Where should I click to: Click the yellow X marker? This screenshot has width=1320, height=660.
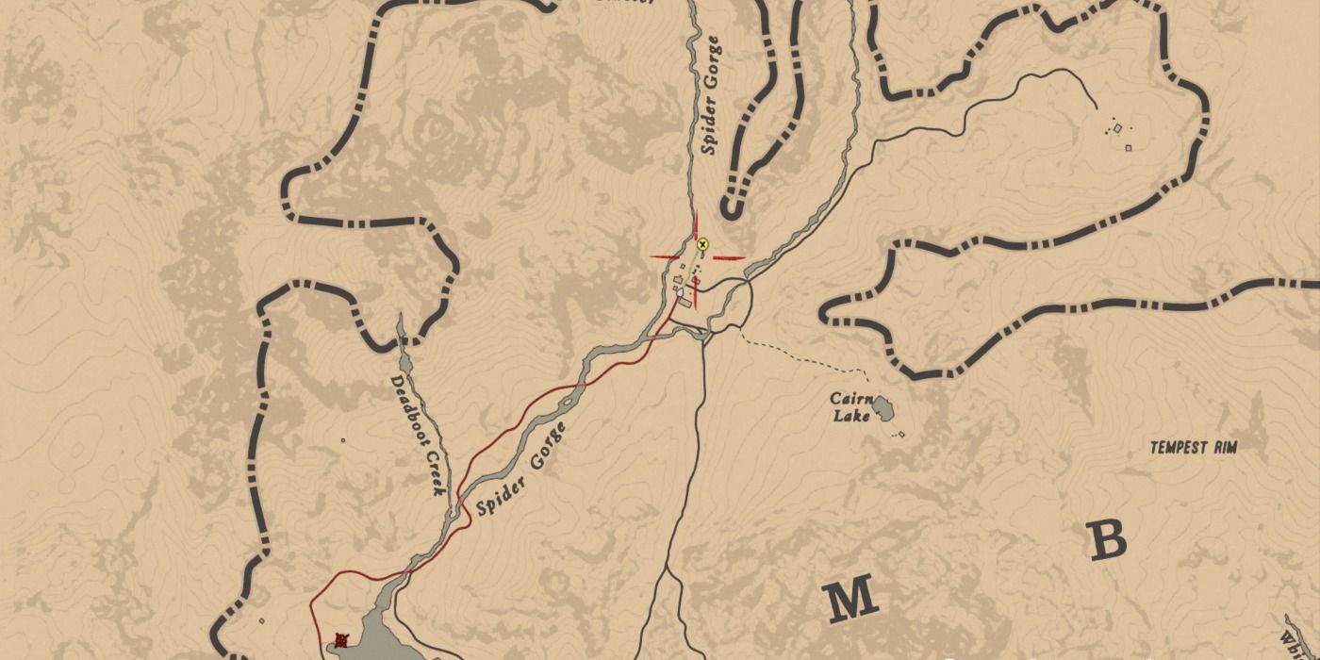pyautogui.click(x=702, y=245)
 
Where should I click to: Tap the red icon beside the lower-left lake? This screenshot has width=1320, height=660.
pyautogui.click(x=341, y=640)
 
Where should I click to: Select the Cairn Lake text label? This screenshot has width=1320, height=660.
pyautogui.click(x=850, y=406)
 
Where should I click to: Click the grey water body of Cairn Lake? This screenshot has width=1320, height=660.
pyautogui.click(x=883, y=408)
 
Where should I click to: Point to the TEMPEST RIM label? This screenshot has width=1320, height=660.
pyautogui.click(x=1193, y=448)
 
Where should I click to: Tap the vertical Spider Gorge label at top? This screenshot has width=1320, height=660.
pyautogui.click(x=711, y=95)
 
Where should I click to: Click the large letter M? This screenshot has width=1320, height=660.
pyautogui.click(x=850, y=601)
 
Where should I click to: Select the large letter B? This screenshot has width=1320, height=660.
pyautogui.click(x=1108, y=539)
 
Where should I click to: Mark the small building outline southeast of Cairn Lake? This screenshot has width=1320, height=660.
pyautogui.click(x=900, y=435)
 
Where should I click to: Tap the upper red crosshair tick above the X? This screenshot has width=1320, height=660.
pyautogui.click(x=697, y=226)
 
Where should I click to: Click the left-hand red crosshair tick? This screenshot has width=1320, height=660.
pyautogui.click(x=665, y=257)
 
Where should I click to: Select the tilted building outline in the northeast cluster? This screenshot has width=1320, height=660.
pyautogui.click(x=1117, y=127)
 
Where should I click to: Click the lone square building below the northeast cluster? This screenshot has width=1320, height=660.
pyautogui.click(x=1128, y=146)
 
